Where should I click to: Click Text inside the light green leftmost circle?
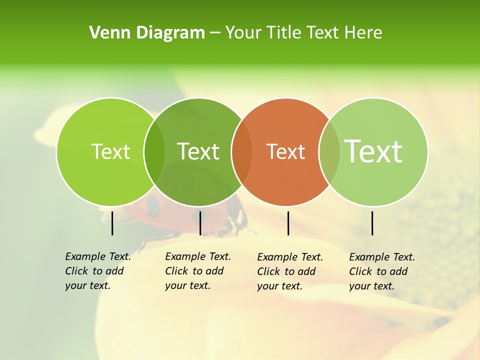[110, 151]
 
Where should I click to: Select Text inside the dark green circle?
[198, 151]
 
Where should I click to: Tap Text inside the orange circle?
[285, 151]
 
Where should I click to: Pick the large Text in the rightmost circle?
[373, 151]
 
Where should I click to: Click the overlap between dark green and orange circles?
[242, 151]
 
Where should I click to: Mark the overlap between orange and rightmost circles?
[329, 151]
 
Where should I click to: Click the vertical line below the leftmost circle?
[112, 223]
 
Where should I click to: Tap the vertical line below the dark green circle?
[200, 223]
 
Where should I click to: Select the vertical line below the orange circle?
[288, 223]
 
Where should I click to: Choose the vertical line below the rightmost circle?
[372, 223]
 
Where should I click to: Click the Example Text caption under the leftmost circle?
[97, 271]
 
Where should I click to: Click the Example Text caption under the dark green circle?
[197, 271]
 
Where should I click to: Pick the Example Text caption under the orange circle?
[289, 271]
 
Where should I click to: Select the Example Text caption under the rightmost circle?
[381, 271]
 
